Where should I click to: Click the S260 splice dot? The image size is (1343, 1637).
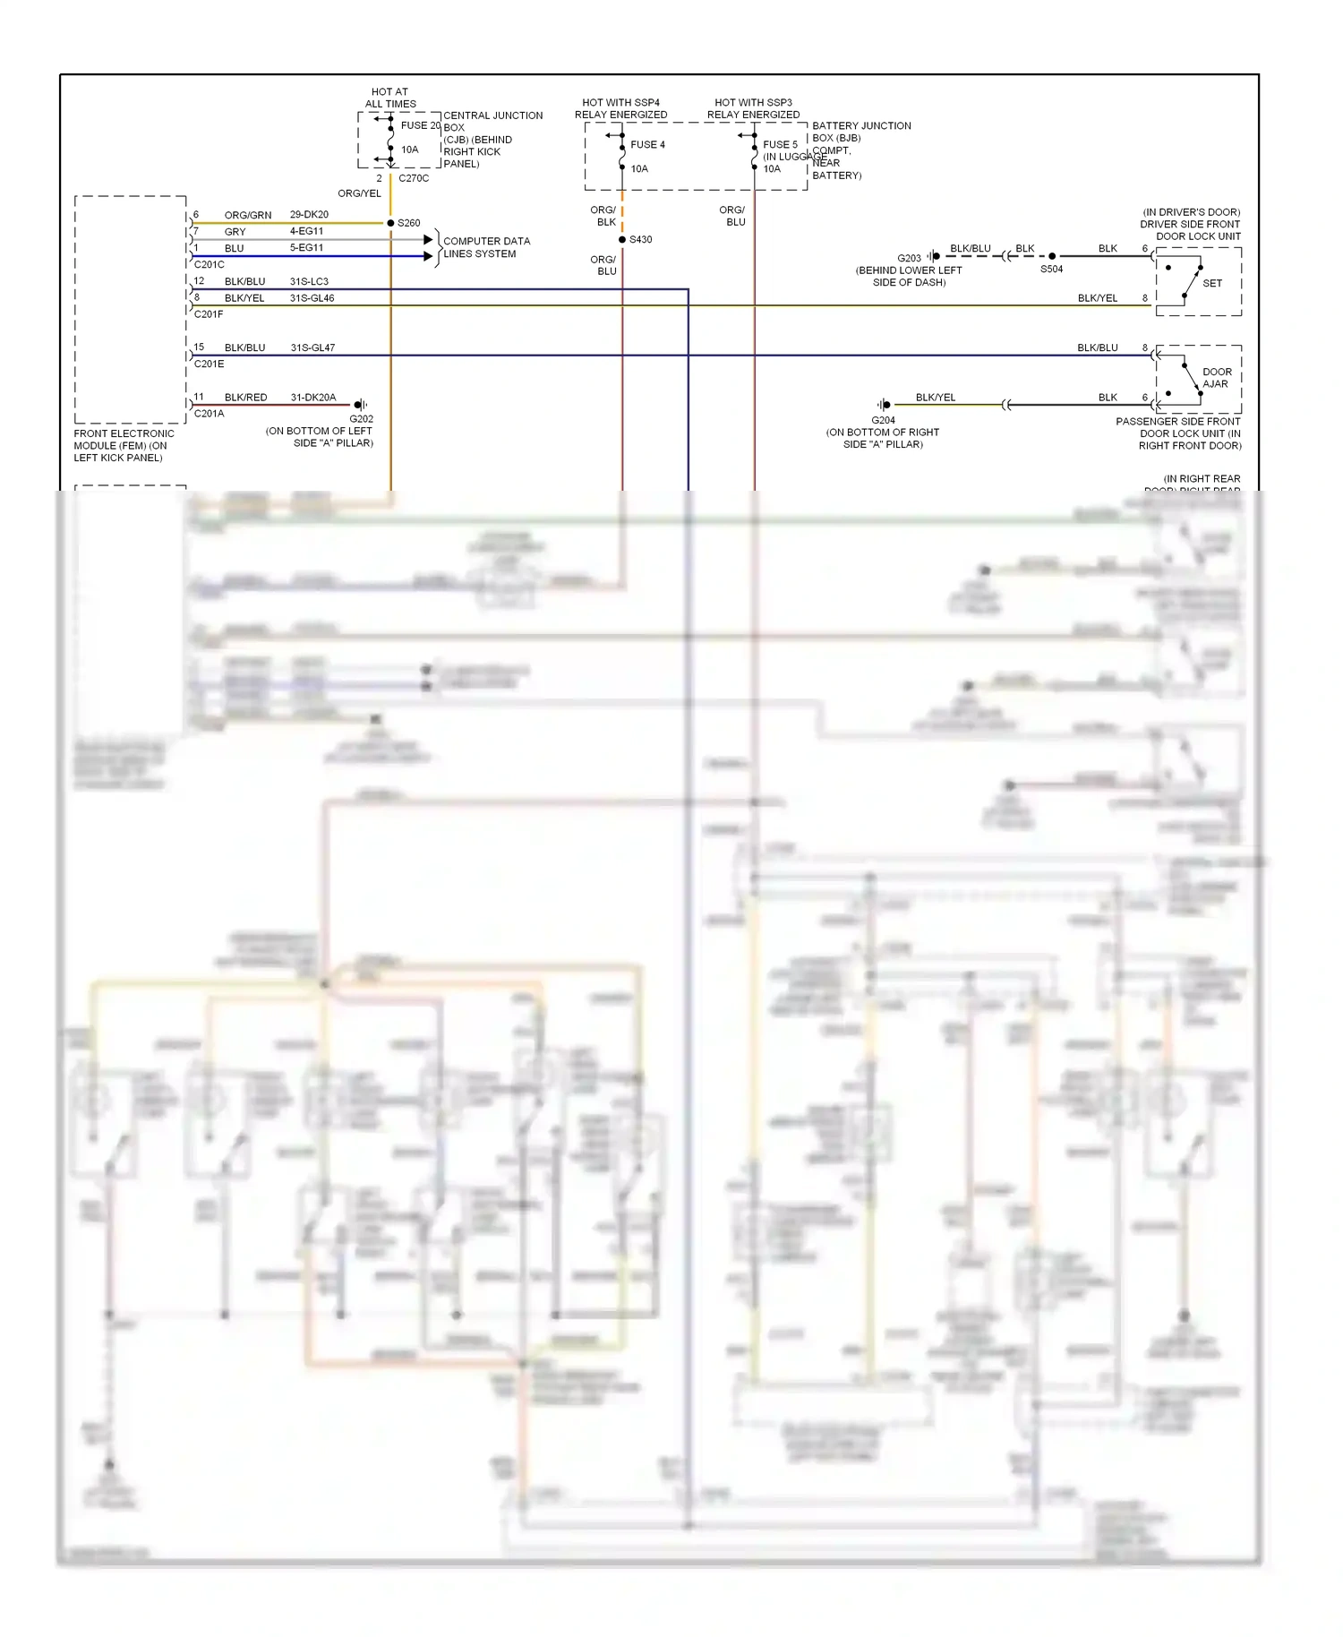click(x=390, y=223)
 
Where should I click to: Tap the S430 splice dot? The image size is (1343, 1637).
click(x=622, y=240)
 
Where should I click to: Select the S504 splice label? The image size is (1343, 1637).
click(x=1051, y=269)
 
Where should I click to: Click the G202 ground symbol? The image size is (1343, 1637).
click(x=360, y=405)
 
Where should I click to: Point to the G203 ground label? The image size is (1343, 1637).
click(x=909, y=258)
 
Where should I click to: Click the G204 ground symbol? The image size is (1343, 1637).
click(x=884, y=405)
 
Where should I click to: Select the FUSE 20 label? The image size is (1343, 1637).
click(x=420, y=125)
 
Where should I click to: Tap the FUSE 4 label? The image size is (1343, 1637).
click(x=647, y=144)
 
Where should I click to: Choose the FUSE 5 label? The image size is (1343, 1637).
click(x=780, y=144)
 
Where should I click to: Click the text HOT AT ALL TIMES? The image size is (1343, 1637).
click(x=390, y=98)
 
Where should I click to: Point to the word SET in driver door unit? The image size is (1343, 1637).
click(x=1212, y=283)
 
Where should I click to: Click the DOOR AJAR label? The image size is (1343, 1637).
click(x=1216, y=378)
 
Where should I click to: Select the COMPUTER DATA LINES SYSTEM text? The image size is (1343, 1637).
click(x=486, y=247)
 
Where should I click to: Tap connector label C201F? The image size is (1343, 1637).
click(x=209, y=314)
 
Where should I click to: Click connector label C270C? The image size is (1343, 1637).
click(x=414, y=178)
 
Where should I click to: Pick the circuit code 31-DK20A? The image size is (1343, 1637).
click(x=312, y=398)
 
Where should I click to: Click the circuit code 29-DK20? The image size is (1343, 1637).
click(x=309, y=215)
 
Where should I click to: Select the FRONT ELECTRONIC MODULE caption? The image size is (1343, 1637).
click(x=124, y=445)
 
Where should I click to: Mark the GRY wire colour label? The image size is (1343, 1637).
click(x=235, y=232)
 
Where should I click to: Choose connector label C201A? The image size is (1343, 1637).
click(x=209, y=414)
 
